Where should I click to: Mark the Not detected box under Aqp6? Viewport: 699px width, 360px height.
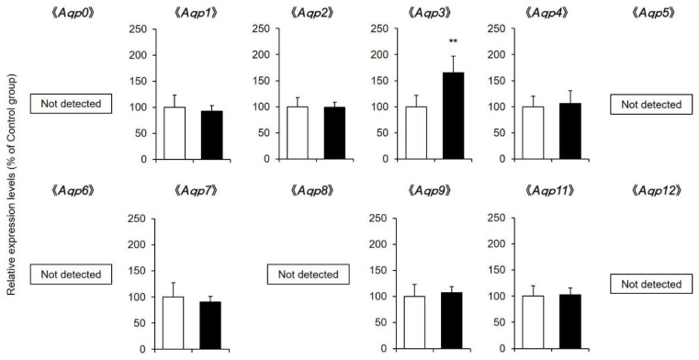coord(72,274)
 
